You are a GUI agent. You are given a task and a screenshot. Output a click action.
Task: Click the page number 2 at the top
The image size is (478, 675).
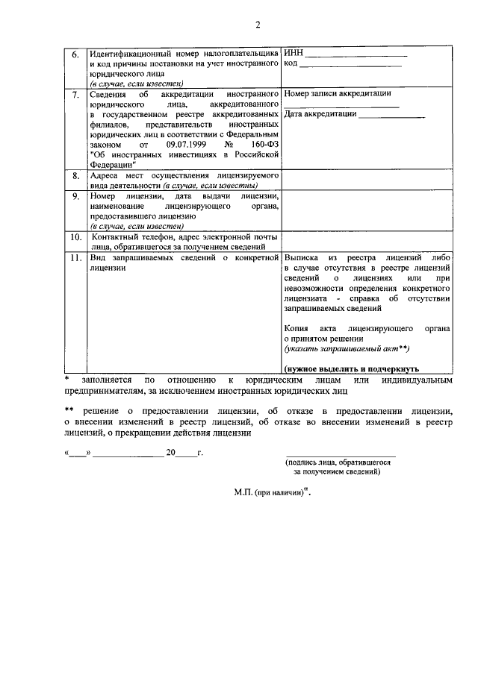point(258,25)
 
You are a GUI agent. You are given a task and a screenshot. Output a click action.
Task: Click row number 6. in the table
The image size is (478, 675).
point(74,55)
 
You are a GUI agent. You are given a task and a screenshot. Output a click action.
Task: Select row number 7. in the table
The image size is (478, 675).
point(74,95)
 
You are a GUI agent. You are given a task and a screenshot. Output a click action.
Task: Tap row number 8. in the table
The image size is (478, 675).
point(74,175)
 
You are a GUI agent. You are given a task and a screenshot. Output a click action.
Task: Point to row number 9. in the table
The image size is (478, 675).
point(74,196)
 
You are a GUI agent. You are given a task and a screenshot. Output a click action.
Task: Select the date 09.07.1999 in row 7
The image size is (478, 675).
point(181,144)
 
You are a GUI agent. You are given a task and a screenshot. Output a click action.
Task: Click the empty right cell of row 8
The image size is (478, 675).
point(367,180)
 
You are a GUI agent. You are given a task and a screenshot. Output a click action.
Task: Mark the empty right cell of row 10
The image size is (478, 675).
point(367,242)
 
